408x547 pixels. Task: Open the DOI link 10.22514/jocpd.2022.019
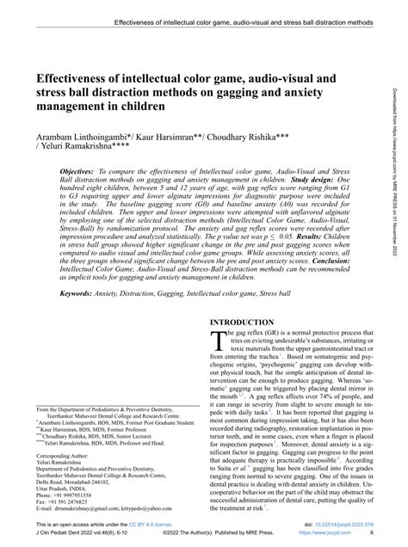coord(344,524)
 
